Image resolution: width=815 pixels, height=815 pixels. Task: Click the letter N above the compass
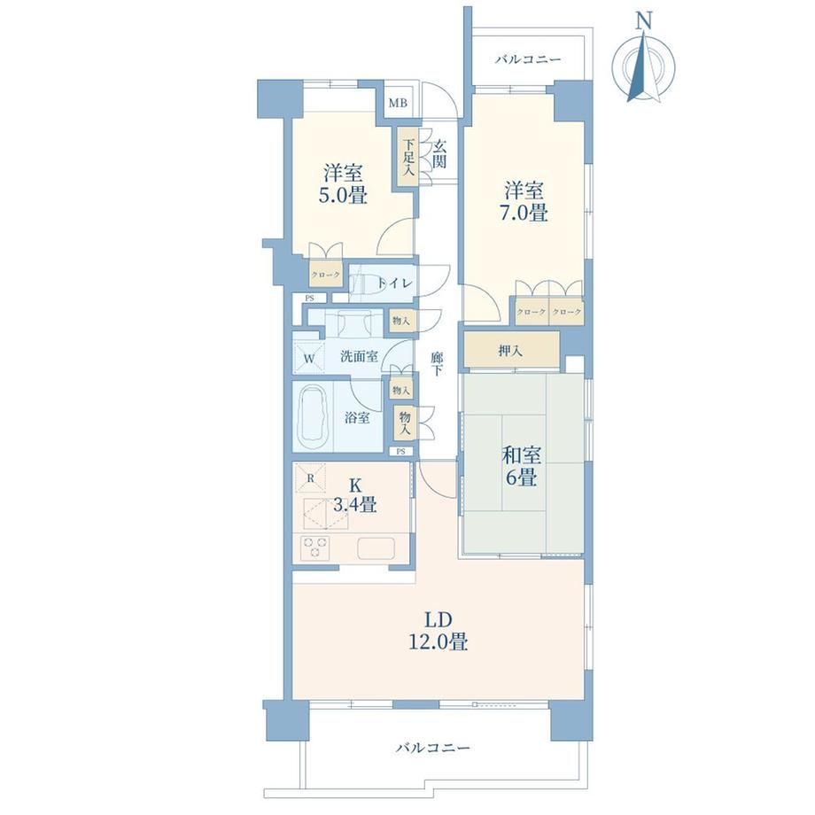coord(645,20)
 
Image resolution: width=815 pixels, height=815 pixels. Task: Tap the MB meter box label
coord(398,103)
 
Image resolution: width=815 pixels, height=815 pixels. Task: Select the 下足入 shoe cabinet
coord(408,158)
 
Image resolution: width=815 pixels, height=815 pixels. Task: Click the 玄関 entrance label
coord(439,154)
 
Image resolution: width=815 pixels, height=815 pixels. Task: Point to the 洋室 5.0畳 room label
coord(343,184)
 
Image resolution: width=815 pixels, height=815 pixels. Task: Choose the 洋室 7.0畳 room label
coord(524,202)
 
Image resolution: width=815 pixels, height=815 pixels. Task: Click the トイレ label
coord(396,283)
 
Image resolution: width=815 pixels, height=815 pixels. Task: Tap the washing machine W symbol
coord(309,359)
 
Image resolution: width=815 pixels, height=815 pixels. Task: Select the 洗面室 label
coord(359,356)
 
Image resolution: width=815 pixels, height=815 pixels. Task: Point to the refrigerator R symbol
coord(310,477)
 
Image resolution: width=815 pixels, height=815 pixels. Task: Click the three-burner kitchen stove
coord(315,548)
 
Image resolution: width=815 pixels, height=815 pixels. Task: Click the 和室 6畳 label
coord(521,466)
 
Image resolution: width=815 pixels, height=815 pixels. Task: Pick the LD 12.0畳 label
coord(439,631)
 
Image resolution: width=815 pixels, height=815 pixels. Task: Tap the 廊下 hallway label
coord(437,364)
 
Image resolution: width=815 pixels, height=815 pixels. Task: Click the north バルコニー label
coord(528,59)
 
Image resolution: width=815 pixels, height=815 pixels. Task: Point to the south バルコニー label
coord(433,748)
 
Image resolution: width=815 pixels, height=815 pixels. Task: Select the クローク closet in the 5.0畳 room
coord(326,275)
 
